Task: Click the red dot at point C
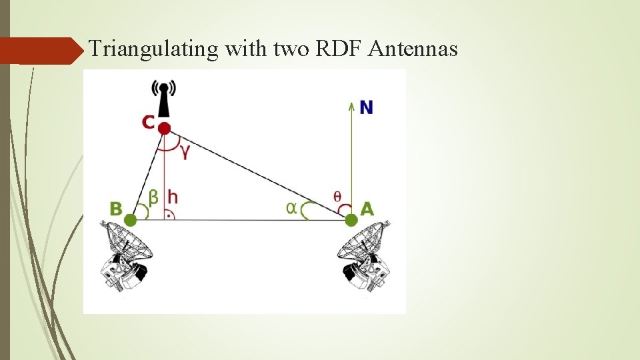coord(165,127)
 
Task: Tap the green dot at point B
coord(131,219)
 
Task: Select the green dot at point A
coord(351,219)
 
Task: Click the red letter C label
coord(148,122)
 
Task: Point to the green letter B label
coord(116,209)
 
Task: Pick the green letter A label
coord(367,209)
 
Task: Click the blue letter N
coord(366,107)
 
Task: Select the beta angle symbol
coord(153,197)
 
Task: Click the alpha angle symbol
coord(291,207)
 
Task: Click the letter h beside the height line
coord(172,197)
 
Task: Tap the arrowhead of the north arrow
coord(351,104)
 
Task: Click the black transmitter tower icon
coord(164,100)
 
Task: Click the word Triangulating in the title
coord(155,49)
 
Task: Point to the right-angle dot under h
coord(169,215)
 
